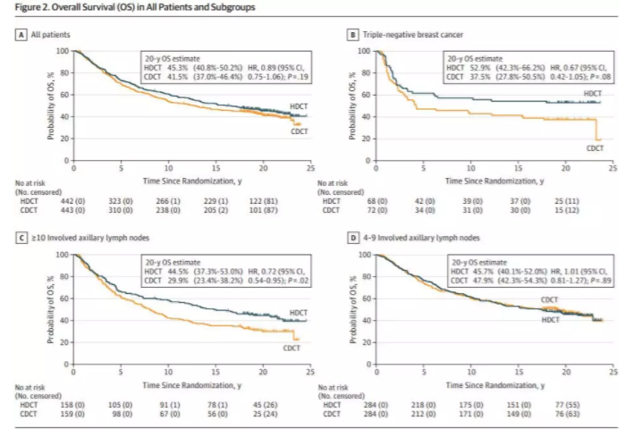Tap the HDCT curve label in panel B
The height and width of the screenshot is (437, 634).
click(x=592, y=93)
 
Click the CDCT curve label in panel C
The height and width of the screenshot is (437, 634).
click(x=292, y=347)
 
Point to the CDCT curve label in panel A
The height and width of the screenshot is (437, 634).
click(x=297, y=131)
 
